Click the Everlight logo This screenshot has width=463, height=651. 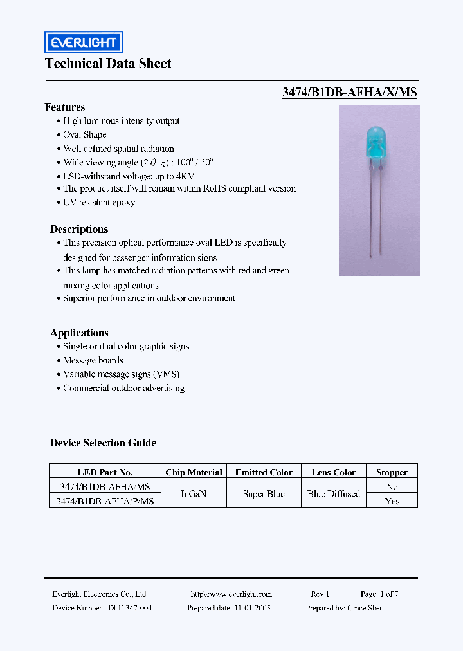pos(84,42)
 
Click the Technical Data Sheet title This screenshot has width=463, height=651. pos(108,63)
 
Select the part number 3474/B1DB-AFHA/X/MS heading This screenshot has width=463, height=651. pos(349,92)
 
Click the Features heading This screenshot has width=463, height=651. pos(64,107)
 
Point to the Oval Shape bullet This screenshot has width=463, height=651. pos(84,134)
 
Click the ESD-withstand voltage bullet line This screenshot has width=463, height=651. pos(129,176)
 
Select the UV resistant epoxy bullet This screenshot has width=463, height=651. pos(99,202)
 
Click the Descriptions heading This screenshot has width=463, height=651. pos(79,229)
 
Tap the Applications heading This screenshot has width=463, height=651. pos(79,333)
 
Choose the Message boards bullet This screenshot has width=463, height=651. pos(93,360)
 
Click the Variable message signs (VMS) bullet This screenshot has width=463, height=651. pos(121,374)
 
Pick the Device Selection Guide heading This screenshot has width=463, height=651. pos(103,443)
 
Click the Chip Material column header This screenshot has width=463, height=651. pos(194,472)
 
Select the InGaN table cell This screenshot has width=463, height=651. pos(194,493)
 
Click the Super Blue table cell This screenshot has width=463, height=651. pos(264,493)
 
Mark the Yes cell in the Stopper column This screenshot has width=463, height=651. pos(392,500)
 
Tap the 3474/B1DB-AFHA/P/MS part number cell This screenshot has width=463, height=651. pos(105,500)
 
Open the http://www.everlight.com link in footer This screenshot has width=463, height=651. pos(231,594)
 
